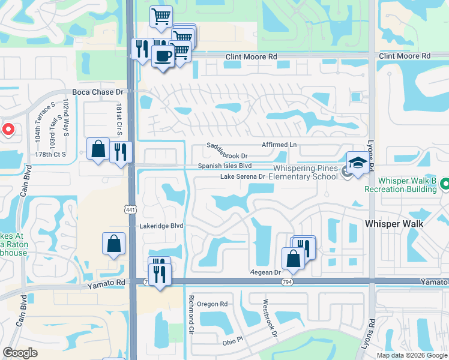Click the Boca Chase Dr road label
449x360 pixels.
point(97,92)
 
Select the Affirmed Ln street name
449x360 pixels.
point(279,145)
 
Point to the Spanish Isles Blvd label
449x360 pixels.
point(225,166)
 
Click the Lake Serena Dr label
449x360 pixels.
point(243,176)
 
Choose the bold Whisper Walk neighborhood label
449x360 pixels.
point(394,224)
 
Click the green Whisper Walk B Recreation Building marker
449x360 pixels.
point(445,184)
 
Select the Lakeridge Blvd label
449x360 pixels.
point(161,226)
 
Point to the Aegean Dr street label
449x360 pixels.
point(266,272)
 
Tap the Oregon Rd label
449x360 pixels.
point(212,304)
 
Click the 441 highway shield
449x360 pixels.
point(130,209)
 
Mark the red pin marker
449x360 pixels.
point(8,130)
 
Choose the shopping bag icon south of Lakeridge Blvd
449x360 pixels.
point(113,244)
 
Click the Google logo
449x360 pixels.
point(20,353)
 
